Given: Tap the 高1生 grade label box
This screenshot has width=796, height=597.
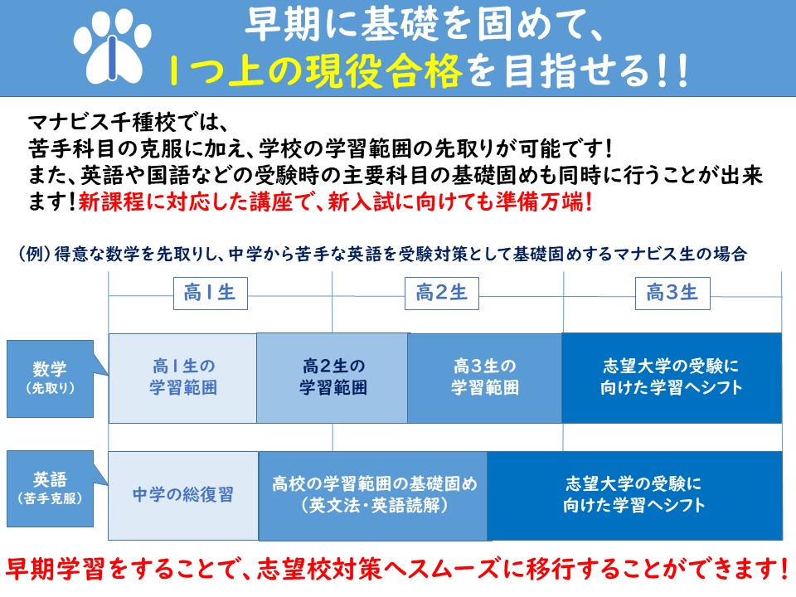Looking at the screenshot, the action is click(210, 294).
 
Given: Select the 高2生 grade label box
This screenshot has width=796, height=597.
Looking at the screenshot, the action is click(442, 294).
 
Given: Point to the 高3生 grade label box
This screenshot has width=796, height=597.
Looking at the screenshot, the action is click(672, 294).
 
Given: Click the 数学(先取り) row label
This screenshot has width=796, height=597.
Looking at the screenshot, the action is click(50, 379).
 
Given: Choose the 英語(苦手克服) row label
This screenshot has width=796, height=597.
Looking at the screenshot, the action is click(50, 489).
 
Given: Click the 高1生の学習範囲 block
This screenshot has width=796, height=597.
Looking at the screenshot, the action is click(182, 378).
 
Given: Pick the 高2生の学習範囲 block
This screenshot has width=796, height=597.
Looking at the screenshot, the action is click(332, 378).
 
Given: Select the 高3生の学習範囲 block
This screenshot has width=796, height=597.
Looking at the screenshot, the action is click(485, 378).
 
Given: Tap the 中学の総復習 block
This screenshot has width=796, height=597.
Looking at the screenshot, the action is click(183, 495).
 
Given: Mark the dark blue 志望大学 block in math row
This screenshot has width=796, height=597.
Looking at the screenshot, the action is click(672, 378).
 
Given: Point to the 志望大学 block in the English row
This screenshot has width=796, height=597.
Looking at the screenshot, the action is click(634, 496).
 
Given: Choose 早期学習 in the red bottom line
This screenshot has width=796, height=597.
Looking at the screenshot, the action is click(55, 569).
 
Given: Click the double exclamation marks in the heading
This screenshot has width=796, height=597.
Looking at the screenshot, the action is click(672, 71).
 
